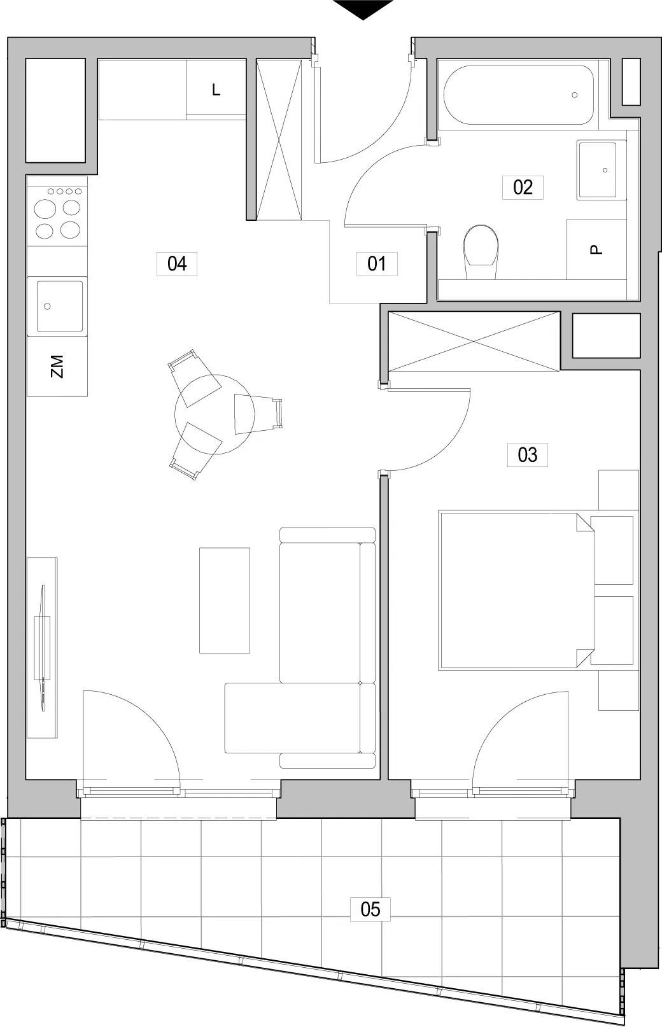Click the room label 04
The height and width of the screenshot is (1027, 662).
(x=177, y=263)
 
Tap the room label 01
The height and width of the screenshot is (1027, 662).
(x=376, y=263)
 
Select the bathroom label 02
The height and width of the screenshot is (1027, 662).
(x=523, y=187)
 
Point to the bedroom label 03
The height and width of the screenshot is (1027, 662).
(x=527, y=455)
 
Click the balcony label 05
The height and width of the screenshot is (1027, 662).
(x=370, y=909)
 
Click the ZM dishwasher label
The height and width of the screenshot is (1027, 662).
(x=57, y=367)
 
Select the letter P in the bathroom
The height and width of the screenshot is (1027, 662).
(x=596, y=249)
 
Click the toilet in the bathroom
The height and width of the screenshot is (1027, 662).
(x=481, y=252)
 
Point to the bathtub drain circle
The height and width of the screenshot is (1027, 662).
(x=574, y=95)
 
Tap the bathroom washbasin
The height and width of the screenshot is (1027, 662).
(x=602, y=170)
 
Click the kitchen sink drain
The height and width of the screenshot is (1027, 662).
(x=47, y=306)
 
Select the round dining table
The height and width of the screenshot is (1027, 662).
(x=215, y=414)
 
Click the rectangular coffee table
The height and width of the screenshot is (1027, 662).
(x=224, y=600)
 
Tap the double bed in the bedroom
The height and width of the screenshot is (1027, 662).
(x=517, y=591)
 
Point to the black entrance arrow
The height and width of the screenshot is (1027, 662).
(x=363, y=9)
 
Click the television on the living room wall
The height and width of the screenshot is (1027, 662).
(x=43, y=648)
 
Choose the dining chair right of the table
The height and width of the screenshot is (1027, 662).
(x=257, y=414)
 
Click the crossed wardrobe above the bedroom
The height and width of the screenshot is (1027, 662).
(x=474, y=341)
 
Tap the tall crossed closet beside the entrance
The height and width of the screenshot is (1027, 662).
(x=279, y=139)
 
